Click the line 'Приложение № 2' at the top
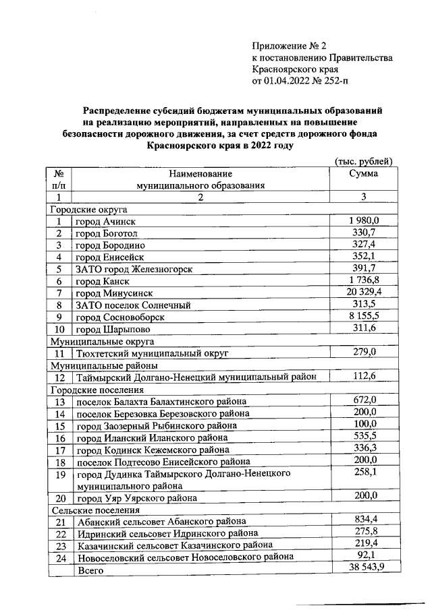(x=288, y=46)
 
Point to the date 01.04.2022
(x=290, y=82)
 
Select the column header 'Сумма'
(x=363, y=173)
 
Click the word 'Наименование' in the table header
(x=200, y=174)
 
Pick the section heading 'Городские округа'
(x=86, y=210)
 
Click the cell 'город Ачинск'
(x=105, y=222)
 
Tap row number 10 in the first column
(x=59, y=329)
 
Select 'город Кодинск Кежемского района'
(x=152, y=450)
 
